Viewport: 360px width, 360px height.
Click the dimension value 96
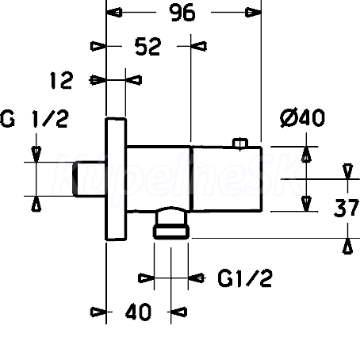(182, 13)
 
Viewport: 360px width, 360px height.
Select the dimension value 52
(147, 47)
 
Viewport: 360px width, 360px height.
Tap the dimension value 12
(61, 80)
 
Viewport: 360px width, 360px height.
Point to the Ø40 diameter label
(302, 117)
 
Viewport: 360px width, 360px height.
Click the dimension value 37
(347, 208)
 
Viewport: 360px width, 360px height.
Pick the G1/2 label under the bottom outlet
(245, 278)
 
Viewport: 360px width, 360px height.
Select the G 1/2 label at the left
(34, 119)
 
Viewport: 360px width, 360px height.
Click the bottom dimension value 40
(138, 312)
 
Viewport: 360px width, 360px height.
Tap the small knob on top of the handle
(240, 143)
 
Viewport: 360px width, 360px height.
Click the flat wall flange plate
(116, 179)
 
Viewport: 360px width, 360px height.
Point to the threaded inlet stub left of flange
(89, 179)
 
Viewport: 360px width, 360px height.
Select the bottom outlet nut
(171, 232)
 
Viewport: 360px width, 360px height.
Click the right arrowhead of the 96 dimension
(253, 13)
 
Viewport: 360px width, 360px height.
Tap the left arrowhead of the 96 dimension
(114, 13)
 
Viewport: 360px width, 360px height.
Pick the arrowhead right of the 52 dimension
(198, 46)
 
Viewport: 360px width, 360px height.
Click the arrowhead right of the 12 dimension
(133, 80)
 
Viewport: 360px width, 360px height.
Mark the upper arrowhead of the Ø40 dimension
(306, 154)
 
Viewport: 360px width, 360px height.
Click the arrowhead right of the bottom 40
(178, 312)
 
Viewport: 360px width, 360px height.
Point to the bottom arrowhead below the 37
(347, 246)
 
